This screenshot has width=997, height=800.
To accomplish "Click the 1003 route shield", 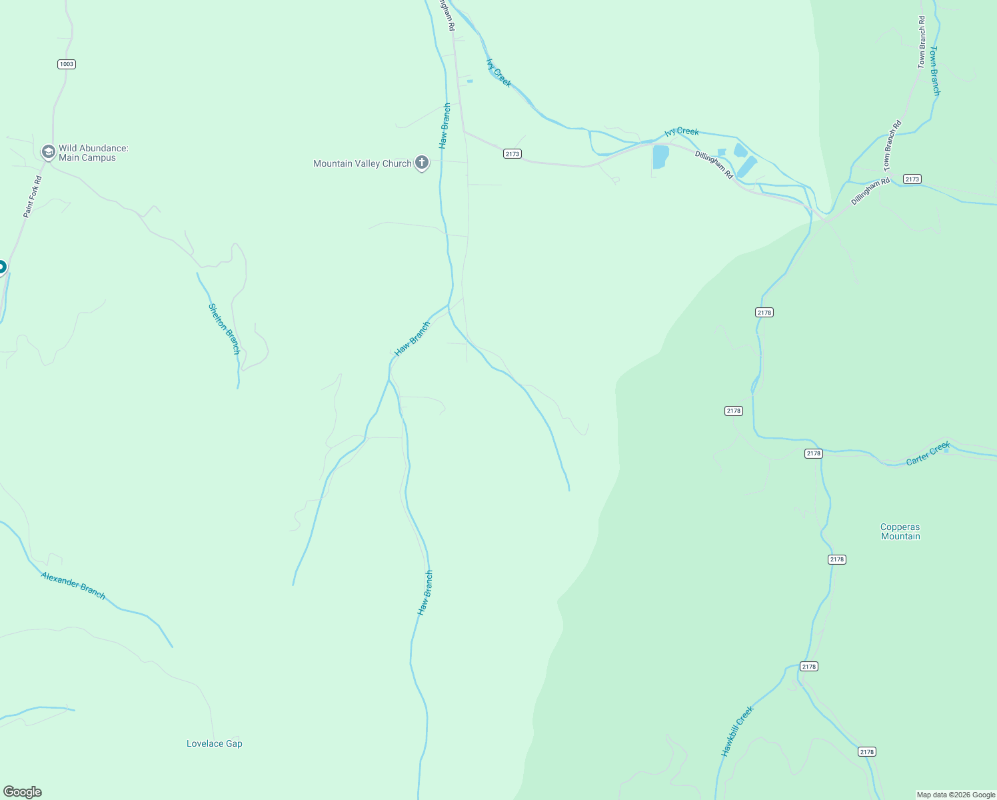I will coord(67,64).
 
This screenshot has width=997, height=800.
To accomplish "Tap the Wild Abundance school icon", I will coord(48,153).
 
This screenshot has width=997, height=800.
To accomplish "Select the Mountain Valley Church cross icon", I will coord(421,163).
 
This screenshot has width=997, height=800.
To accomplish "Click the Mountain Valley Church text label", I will coord(363,163).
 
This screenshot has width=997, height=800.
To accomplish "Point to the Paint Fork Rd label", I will coord(33,197).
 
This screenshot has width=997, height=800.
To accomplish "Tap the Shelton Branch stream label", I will coord(224,329).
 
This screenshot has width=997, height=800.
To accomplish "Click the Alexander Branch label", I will coord(73,585).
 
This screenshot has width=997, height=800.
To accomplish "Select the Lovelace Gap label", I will coord(215,743).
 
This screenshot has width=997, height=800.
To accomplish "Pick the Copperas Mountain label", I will coord(900,531).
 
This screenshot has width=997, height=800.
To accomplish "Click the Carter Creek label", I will coord(928,454).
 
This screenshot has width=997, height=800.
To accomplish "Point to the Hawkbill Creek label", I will coord(737,731).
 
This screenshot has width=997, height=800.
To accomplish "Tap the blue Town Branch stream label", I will coord(935,71).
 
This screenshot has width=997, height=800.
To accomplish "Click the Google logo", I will coord(23,792).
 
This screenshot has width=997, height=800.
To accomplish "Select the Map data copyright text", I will coord(956,795).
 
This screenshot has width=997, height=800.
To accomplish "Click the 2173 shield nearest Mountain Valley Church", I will coord(512,154).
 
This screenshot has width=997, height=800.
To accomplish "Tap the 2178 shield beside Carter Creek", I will coord(814,453).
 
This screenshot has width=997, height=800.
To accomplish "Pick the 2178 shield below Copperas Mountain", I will coord(837,559).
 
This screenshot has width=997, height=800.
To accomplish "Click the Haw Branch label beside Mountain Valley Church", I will coord(445,125).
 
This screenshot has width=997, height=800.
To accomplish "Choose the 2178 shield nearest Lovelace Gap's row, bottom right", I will coord(866,752).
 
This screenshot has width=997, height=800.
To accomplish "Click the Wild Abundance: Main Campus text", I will coord(93,153).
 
